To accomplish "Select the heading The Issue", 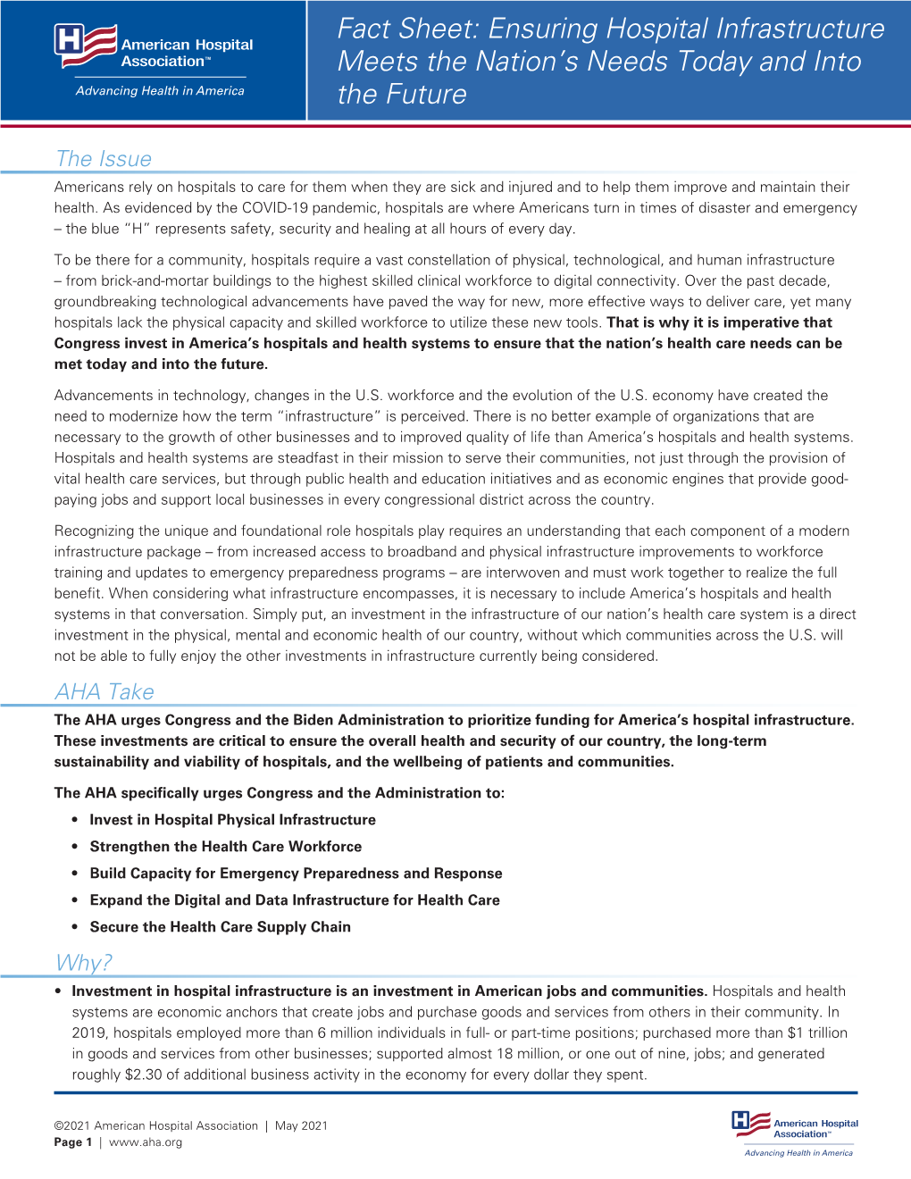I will click(x=104, y=159).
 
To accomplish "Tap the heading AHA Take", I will click(x=104, y=692).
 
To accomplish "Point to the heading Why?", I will click(x=84, y=963).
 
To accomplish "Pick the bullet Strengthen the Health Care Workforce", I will click(x=226, y=847).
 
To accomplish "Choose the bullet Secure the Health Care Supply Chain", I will click(x=220, y=927).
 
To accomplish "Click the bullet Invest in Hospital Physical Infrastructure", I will click(x=232, y=820).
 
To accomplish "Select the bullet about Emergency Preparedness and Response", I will click(x=296, y=874).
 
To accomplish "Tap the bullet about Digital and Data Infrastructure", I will click(x=295, y=900).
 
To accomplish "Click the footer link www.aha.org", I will click(x=146, y=1142).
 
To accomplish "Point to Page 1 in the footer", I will click(x=72, y=1142).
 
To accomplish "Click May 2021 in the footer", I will click(x=301, y=1126).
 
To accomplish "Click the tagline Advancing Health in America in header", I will click(x=160, y=91).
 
